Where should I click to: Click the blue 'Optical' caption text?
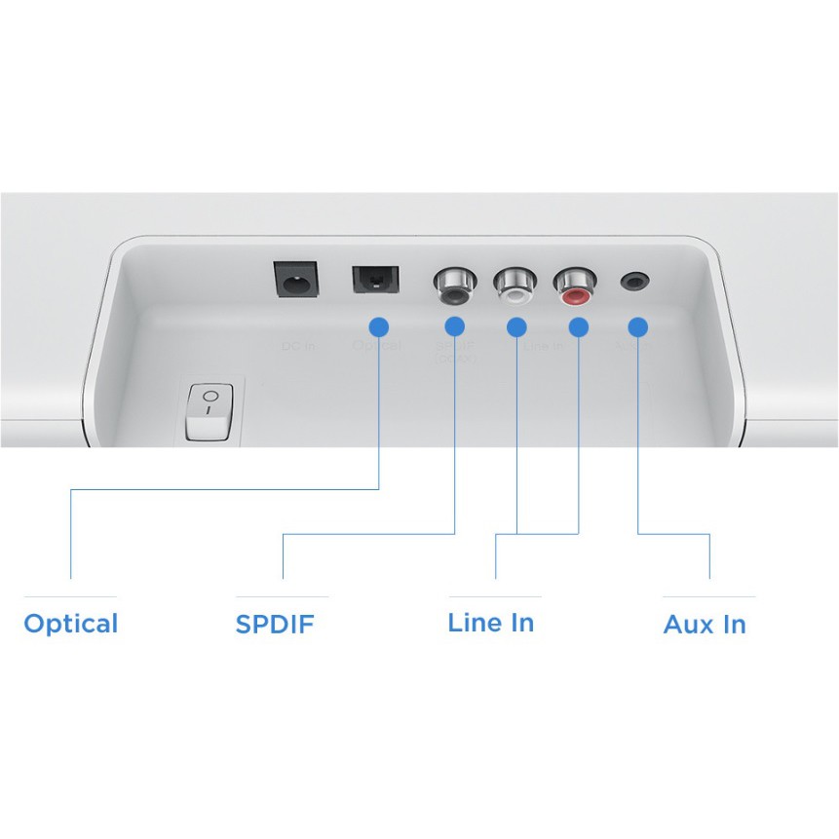(x=70, y=624)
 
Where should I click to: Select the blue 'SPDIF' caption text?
(x=275, y=625)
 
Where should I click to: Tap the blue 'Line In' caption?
(x=490, y=623)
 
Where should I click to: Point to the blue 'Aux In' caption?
(x=705, y=625)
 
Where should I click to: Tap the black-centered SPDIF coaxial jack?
(x=452, y=286)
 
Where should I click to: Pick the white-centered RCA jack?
(x=514, y=286)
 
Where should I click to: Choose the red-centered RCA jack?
(x=574, y=286)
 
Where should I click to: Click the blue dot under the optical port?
(x=379, y=327)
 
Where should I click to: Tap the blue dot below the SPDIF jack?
(x=454, y=327)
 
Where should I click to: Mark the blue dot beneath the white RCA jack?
(x=516, y=327)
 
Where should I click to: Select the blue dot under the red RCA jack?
(x=578, y=327)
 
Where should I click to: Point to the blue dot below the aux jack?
(x=638, y=327)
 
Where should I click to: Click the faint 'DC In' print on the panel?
(x=296, y=346)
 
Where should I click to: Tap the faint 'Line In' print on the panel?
(x=544, y=346)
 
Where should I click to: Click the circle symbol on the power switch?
(x=210, y=396)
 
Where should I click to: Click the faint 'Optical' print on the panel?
(x=376, y=346)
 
